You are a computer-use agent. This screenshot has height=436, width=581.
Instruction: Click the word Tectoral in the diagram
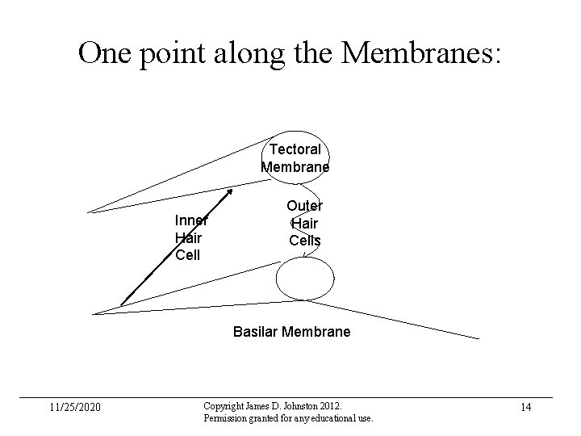[295, 149]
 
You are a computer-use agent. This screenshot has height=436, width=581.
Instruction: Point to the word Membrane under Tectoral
[295, 167]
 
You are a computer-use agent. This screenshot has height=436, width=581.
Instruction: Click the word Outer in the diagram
[305, 207]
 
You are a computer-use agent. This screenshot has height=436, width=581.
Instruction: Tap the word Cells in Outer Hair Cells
[305, 240]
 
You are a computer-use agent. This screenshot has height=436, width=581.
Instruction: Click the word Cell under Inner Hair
[187, 255]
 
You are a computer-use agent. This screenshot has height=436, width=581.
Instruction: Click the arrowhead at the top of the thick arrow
[230, 192]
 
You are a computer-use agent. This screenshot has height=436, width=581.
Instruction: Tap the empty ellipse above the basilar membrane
[304, 279]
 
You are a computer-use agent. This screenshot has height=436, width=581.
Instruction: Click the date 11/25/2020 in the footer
[75, 407]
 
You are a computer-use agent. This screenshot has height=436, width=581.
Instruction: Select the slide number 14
[525, 407]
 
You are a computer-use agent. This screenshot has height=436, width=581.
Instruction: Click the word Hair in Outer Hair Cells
[305, 224]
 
